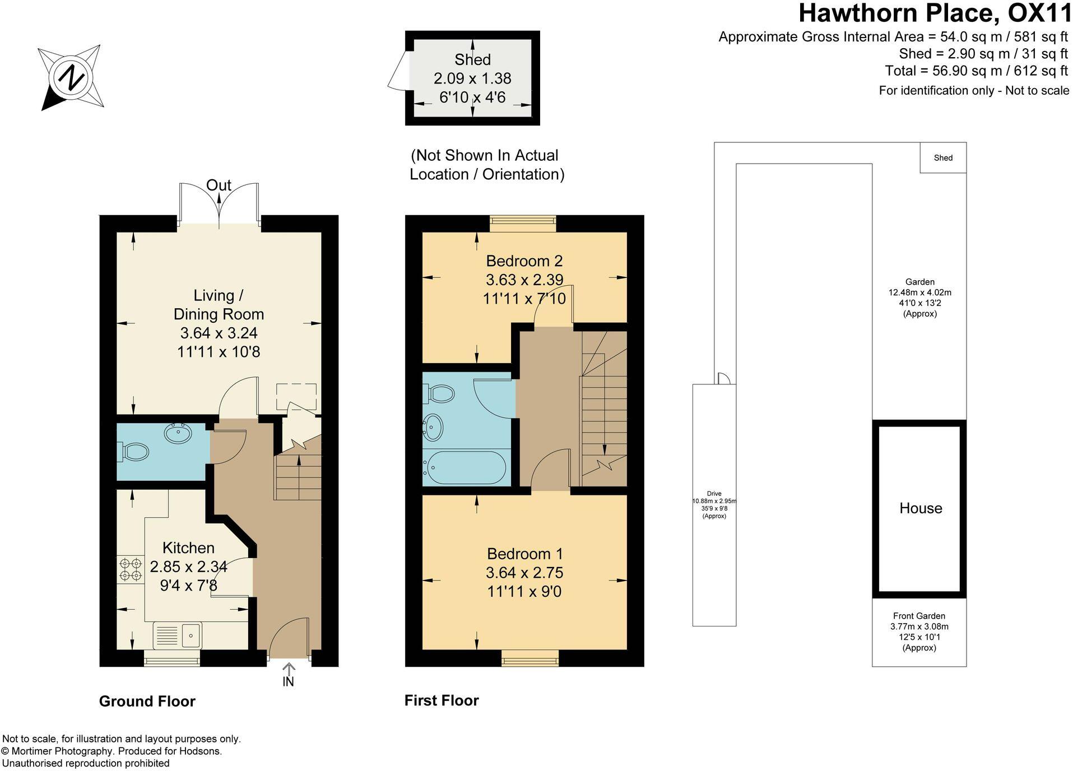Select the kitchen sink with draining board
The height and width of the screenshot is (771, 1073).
pyautogui.click(x=177, y=635)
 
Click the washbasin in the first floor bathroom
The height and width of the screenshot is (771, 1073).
pyautogui.click(x=433, y=428)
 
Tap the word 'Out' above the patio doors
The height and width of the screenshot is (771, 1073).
pyautogui.click(x=219, y=185)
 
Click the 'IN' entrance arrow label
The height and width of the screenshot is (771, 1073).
pyautogui.click(x=288, y=682)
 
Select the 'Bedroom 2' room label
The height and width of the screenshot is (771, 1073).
pyautogui.click(x=524, y=261)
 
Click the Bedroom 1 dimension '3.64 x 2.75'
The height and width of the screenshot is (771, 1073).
pyautogui.click(x=524, y=573)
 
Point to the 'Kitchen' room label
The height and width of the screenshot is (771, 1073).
pyautogui.click(x=188, y=548)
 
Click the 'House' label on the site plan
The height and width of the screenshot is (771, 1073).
pyautogui.click(x=921, y=508)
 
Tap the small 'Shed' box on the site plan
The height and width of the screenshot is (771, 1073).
pyautogui.click(x=943, y=158)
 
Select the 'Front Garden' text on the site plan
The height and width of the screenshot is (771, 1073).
pyautogui.click(x=919, y=616)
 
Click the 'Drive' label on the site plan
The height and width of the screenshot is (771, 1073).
pyautogui.click(x=714, y=494)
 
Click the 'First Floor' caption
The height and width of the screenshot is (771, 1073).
pyautogui.click(x=442, y=700)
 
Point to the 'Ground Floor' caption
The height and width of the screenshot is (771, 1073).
pyautogui.click(x=147, y=702)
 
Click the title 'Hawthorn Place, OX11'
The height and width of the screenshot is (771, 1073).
pyautogui.click(x=935, y=13)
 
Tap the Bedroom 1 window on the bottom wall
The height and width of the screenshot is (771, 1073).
pyautogui.click(x=530, y=658)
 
